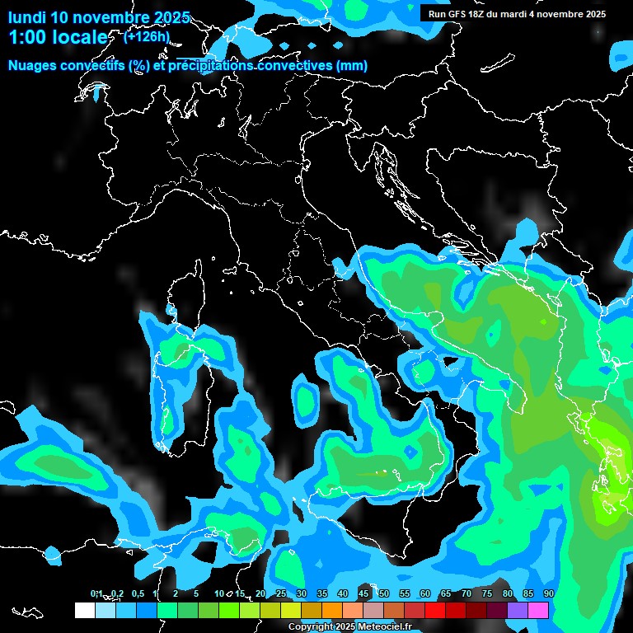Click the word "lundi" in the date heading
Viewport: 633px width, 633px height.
[26, 17]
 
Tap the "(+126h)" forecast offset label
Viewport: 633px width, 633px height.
[147, 36]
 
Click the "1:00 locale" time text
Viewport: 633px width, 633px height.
[58, 38]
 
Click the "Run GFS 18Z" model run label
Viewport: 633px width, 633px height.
[457, 14]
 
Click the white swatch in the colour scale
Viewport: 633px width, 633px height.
[84, 610]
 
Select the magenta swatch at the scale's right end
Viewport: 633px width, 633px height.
[538, 610]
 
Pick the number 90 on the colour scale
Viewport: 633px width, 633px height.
[548, 594]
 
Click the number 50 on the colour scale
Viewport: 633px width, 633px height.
[383, 594]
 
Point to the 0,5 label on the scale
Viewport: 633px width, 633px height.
[138, 594]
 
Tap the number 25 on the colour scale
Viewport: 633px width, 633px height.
[280, 594]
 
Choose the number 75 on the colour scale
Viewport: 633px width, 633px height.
[486, 594]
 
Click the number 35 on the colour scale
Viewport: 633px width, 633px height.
[321, 594]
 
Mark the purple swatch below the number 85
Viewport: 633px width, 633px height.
[518, 610]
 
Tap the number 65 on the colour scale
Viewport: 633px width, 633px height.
[445, 594]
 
